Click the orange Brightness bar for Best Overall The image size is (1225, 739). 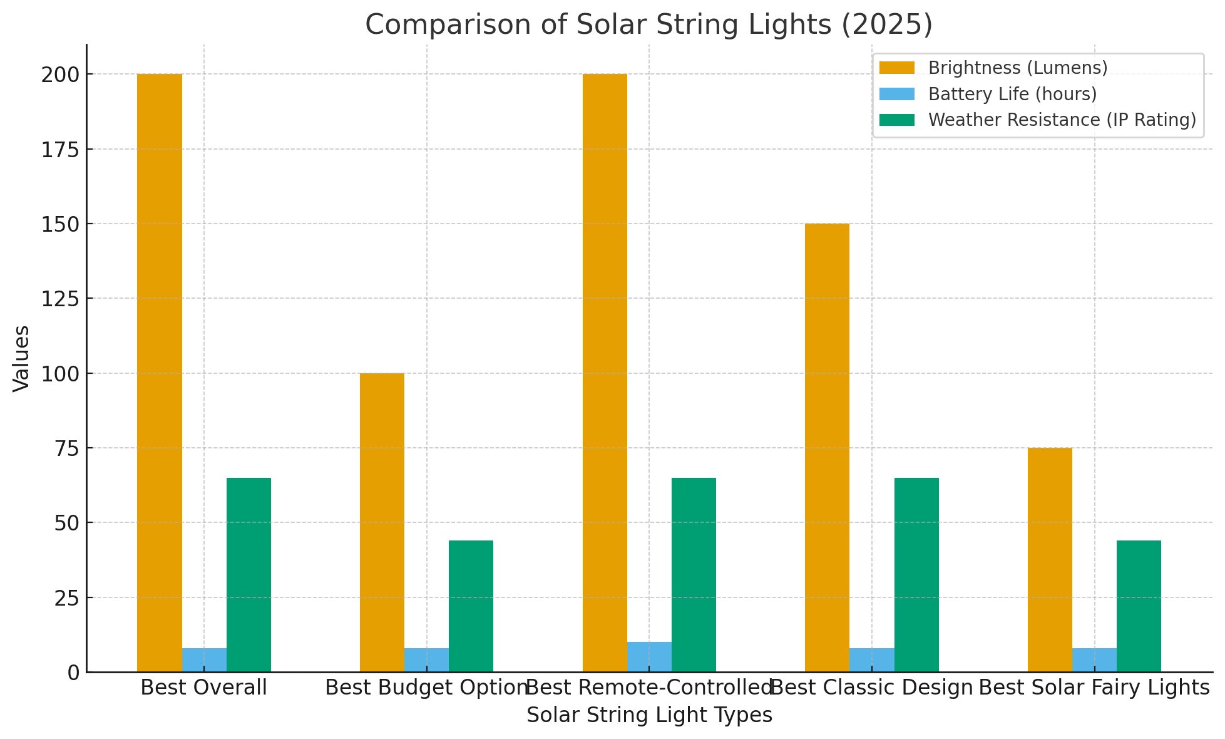160,373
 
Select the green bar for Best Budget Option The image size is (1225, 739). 471,606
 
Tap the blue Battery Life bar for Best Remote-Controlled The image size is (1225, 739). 649,657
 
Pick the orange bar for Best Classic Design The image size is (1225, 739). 827,447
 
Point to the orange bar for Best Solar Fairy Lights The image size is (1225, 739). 1050,559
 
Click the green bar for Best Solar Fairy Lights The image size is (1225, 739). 1139,606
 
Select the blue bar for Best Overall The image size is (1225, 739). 204,660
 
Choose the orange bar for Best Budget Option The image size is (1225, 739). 382,522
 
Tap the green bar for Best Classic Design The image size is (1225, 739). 916,574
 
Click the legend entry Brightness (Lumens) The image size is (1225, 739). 1018,68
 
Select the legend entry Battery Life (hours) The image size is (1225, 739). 1012,94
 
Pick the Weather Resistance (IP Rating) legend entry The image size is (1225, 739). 1062,120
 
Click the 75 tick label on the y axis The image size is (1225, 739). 67,448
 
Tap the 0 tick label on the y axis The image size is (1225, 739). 74,672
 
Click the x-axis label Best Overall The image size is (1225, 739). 204,688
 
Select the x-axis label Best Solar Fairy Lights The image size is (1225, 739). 1094,688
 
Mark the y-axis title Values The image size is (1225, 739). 22,358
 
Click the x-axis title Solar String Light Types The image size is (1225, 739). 649,715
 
